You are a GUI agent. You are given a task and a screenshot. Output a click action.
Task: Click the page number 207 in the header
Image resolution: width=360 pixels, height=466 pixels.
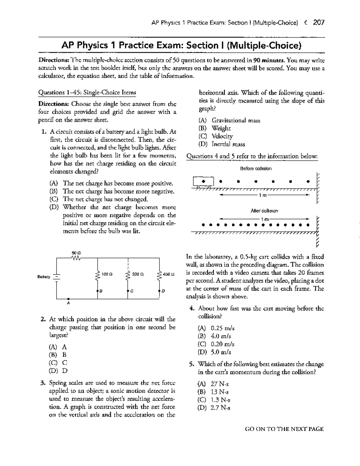tap(318, 22)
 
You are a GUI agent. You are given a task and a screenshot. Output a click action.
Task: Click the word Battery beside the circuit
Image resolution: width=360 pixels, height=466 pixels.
tap(43, 276)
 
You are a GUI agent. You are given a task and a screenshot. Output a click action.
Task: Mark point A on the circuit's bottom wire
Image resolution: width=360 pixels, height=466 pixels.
tap(68, 299)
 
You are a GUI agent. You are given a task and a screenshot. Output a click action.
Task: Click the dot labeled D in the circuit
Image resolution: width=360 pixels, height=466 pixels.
tap(159, 291)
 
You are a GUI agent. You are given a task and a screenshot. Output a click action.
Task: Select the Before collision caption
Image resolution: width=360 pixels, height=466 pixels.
tap(256, 169)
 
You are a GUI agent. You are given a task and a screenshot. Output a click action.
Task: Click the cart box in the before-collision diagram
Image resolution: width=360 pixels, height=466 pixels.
tap(203, 181)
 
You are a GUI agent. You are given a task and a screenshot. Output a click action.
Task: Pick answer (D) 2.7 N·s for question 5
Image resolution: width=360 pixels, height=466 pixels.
tap(214, 408)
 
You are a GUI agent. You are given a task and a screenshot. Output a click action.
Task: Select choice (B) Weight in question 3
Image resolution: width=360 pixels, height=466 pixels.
tap(215, 128)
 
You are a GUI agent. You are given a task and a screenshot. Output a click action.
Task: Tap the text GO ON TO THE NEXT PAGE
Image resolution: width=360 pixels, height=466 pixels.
tap(284, 429)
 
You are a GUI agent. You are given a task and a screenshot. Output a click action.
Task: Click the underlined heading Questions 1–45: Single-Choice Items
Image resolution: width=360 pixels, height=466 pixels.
tap(87, 93)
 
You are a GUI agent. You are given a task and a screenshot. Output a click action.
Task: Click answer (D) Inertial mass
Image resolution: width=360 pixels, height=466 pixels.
tap(222, 144)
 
